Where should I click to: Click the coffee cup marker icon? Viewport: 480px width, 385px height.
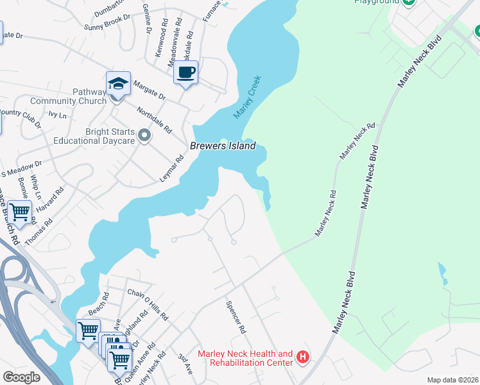click(x=185, y=73)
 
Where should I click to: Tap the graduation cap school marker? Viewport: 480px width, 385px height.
click(x=118, y=84)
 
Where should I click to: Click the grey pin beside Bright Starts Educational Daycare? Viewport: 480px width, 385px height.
click(x=144, y=135)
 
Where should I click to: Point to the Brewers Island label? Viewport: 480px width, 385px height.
click(x=223, y=146)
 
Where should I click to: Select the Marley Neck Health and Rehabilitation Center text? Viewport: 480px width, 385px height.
click(x=245, y=358)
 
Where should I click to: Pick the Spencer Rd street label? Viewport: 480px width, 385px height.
click(x=236, y=318)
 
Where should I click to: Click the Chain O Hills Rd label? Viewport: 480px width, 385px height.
click(x=148, y=304)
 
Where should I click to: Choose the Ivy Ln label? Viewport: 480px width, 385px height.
click(x=58, y=116)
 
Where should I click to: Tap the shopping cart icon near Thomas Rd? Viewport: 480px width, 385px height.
click(x=20, y=211)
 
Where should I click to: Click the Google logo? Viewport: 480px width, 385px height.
click(x=21, y=377)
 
